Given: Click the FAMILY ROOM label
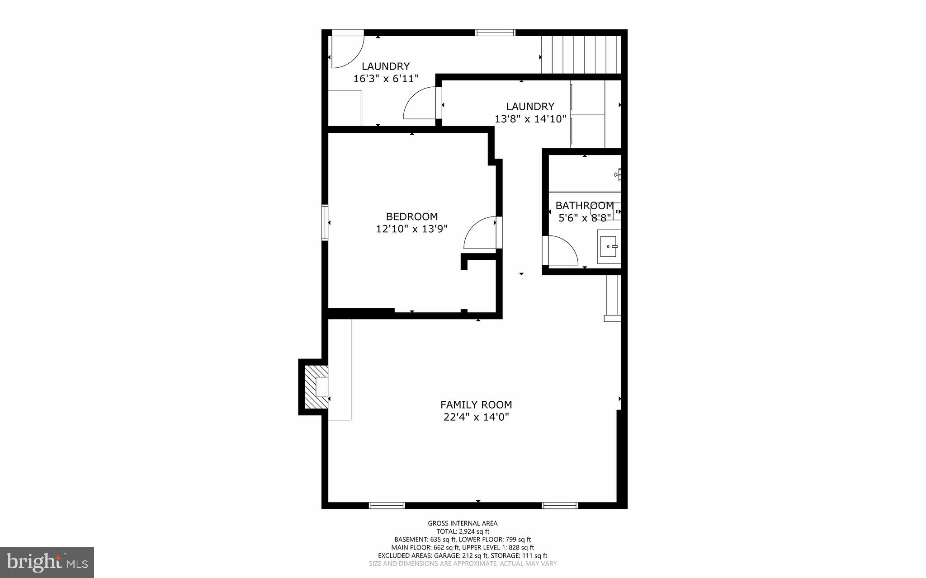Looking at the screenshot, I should tap(476, 404).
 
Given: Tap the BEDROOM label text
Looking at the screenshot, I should tap(411, 216).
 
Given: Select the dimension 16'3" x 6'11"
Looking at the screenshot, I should tap(386, 79).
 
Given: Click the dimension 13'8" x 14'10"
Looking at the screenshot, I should tap(530, 119).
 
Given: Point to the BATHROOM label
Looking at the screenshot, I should tap(584, 206).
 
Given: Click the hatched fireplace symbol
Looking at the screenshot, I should tap(316, 387).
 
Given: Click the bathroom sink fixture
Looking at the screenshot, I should tap(609, 246).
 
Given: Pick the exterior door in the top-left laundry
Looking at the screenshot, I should tap(347, 50).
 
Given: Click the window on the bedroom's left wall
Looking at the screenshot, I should tap(325, 222).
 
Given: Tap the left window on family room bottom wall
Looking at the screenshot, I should tap(387, 505).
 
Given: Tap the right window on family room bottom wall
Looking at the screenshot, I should tap(560, 505).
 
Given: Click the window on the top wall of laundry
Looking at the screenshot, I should tap(495, 33).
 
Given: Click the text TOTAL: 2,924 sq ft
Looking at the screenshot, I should tap(463, 531).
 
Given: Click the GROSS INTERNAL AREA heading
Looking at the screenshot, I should tap(463, 523).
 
